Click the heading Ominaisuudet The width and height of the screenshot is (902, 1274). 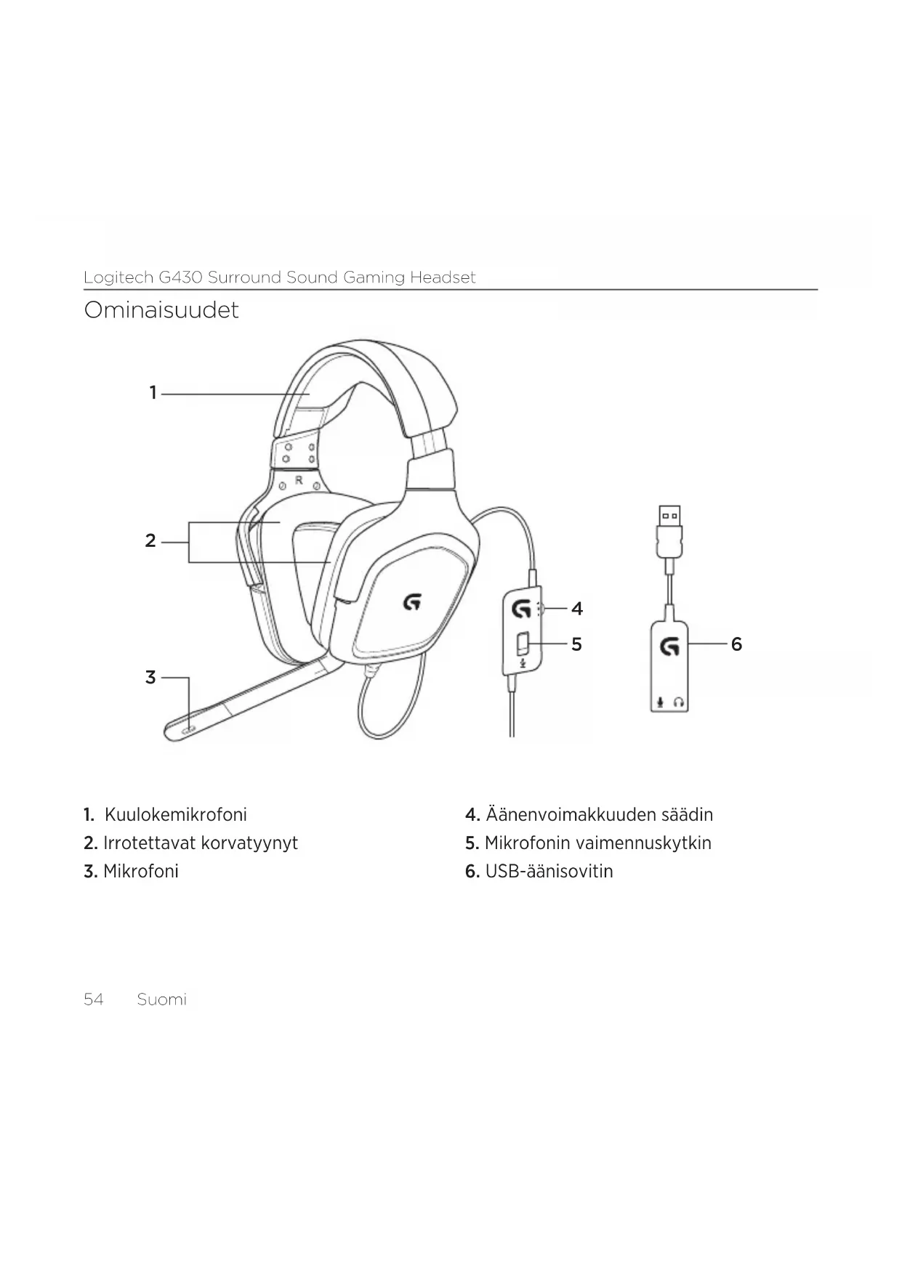point(161,311)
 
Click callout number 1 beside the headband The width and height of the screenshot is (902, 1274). point(153,393)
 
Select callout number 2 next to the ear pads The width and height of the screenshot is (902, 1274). point(150,541)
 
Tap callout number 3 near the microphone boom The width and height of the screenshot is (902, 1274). point(150,678)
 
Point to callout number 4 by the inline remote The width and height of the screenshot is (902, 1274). point(577,609)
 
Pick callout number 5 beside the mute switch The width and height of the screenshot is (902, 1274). point(576,644)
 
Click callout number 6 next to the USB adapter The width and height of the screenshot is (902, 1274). point(736,644)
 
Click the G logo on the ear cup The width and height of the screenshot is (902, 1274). point(412,601)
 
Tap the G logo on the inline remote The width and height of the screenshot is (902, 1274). point(521,608)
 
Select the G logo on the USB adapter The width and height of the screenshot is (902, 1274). point(669,645)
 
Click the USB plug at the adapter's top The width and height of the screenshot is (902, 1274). point(669,520)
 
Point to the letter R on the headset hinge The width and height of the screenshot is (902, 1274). point(299,480)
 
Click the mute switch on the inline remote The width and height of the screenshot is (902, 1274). point(522,643)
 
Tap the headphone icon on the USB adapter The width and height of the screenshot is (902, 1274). point(679,702)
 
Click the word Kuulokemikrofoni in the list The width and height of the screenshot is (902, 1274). point(176,815)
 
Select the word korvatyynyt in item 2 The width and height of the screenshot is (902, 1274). point(249,843)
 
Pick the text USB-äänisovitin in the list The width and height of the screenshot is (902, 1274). point(549,872)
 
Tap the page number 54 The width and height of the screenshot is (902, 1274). point(94,999)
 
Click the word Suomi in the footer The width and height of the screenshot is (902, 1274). point(161,999)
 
